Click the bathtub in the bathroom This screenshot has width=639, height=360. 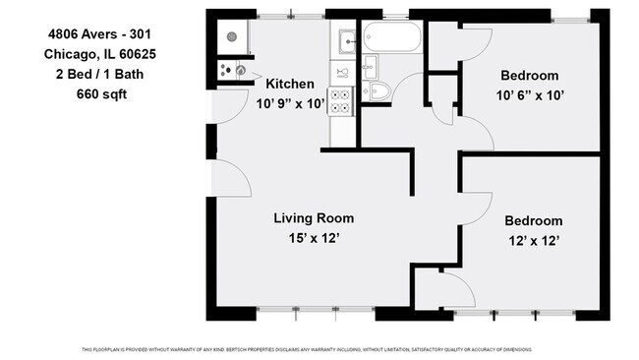(x=391, y=38)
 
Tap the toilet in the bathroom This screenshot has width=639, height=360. (x=378, y=92)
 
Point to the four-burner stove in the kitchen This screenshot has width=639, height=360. (x=341, y=100)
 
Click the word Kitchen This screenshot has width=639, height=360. (x=289, y=85)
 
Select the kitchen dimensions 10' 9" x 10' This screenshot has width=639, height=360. (x=291, y=103)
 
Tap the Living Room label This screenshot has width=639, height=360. (x=313, y=218)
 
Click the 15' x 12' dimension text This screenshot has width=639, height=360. (x=313, y=239)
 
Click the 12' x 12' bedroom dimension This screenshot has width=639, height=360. (x=533, y=240)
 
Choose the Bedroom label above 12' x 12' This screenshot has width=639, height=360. (x=533, y=220)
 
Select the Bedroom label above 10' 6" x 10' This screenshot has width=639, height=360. (x=529, y=76)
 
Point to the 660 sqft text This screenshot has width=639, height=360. (x=101, y=94)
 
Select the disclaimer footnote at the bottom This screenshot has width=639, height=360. (x=319, y=349)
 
